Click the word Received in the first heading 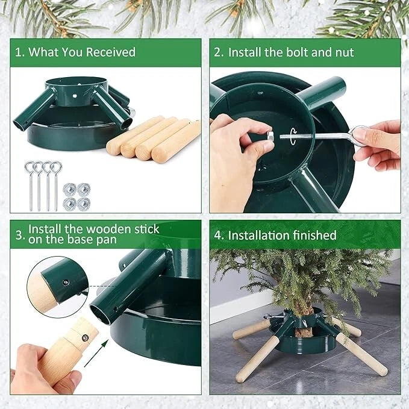(x=111, y=52)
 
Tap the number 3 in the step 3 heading (x=19, y=235)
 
